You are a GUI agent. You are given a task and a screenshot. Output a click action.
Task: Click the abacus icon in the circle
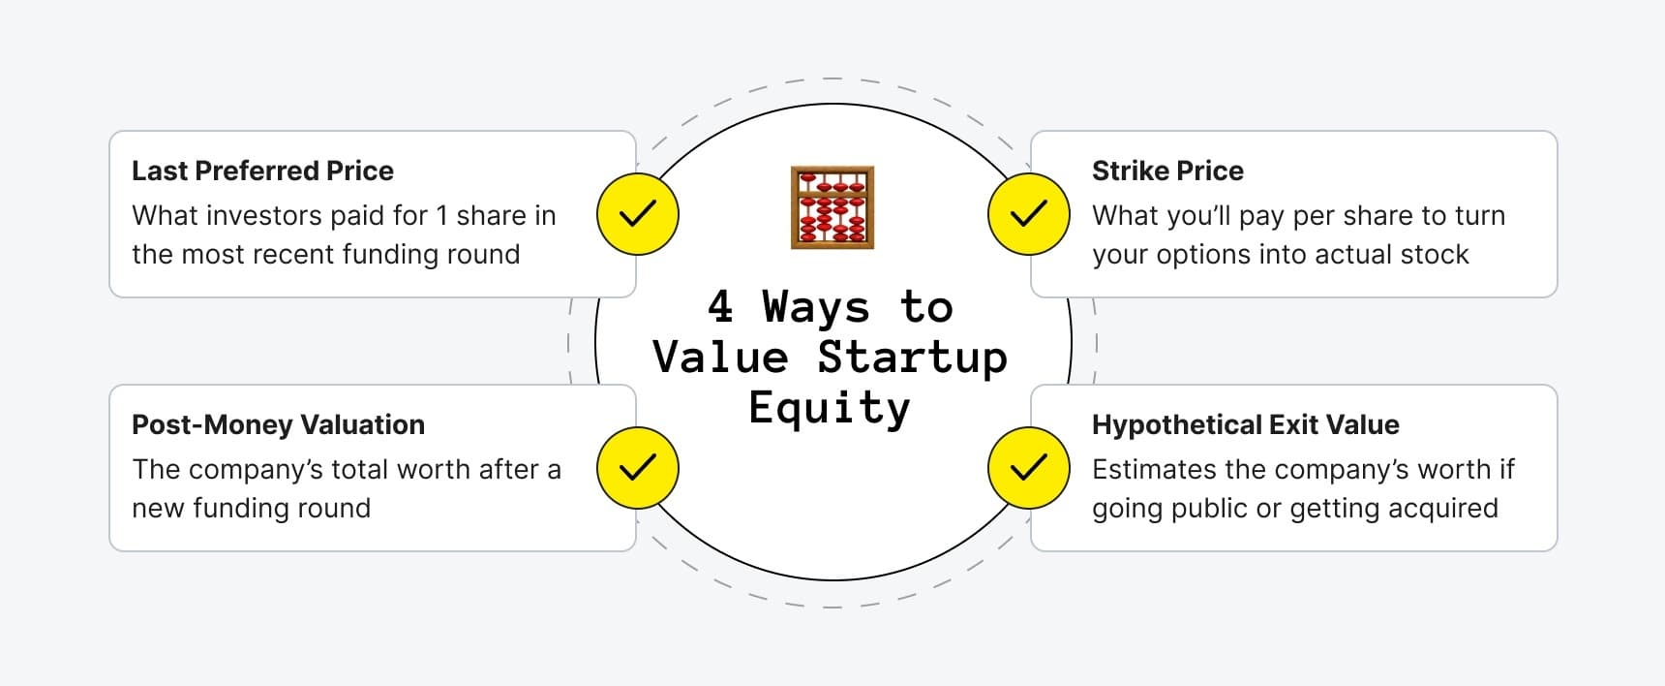tap(832, 207)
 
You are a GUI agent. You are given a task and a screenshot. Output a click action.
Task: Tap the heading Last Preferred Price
tap(262, 171)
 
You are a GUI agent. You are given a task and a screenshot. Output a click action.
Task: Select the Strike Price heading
tap(1167, 171)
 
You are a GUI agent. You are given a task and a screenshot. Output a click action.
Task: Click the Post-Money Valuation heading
tap(278, 425)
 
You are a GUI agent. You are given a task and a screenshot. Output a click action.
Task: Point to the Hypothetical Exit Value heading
tap(1245, 425)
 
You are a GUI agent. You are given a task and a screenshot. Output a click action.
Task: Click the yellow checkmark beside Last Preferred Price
tap(637, 214)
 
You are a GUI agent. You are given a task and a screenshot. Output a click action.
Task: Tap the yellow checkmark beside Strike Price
tap(1028, 214)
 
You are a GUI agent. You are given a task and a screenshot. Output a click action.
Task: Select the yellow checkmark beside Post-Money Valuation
tap(637, 468)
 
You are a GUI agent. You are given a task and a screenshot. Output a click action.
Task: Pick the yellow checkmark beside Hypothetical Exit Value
tap(1028, 468)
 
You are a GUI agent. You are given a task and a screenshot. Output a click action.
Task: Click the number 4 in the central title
tap(720, 307)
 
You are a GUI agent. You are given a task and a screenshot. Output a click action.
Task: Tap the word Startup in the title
tap(912, 358)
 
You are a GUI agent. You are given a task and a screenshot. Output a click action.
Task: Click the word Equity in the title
tap(830, 408)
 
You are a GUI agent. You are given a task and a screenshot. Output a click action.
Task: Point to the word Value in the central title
tap(720, 358)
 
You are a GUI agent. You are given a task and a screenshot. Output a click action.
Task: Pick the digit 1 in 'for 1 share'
tap(441, 216)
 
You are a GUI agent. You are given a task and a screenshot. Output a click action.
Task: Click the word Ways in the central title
tap(816, 307)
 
